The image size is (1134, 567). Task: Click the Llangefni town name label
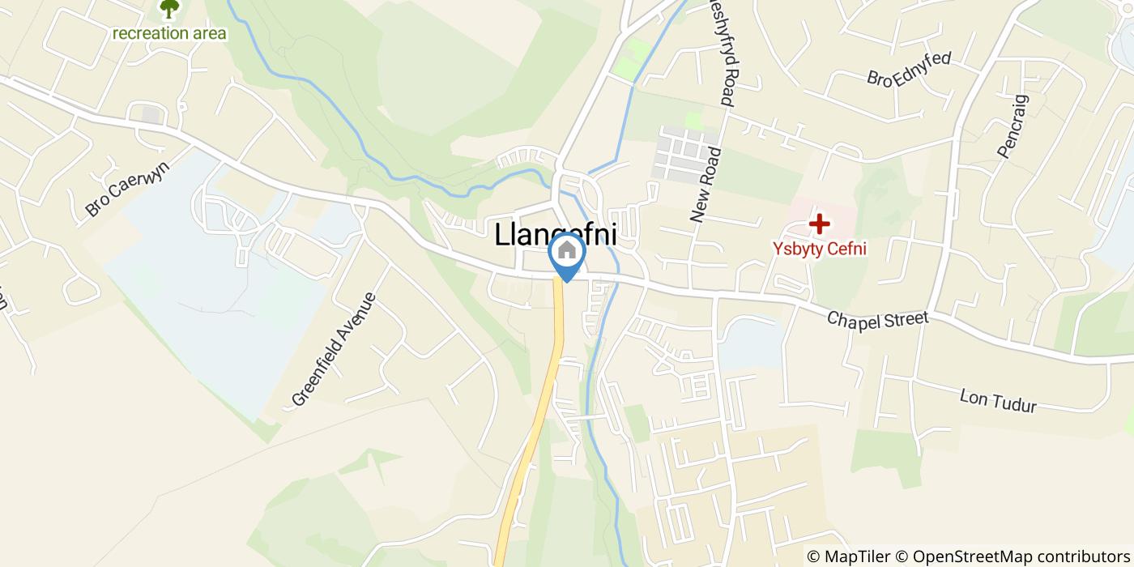(556, 235)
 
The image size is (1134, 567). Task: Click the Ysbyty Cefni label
(820, 248)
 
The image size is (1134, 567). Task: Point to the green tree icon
(169, 9)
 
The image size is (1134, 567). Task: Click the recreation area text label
(169, 33)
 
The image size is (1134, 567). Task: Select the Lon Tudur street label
(998, 400)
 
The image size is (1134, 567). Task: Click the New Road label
(706, 185)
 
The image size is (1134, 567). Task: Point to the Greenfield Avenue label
(335, 349)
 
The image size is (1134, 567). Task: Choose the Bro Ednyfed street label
(909, 69)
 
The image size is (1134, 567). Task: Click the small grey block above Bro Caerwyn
(151, 115)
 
